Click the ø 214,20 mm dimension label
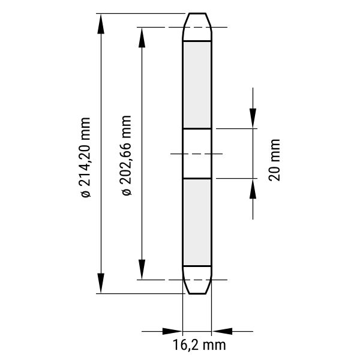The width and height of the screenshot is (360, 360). coord(85,157)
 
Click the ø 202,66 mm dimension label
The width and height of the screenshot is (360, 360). coord(126,155)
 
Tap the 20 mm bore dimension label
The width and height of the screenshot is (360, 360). coord(274,160)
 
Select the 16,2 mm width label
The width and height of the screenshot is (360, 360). coord(199,345)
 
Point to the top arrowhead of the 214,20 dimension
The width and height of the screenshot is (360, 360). coord(101,23)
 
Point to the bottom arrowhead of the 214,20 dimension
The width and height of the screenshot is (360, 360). coord(101,283)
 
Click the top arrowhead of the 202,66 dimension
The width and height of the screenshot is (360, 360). coord(142,37)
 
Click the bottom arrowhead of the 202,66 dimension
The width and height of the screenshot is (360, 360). coord(142,269)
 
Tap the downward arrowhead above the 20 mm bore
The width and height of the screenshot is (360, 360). coord(253,118)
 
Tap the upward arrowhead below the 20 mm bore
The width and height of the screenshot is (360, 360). coord(253,188)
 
